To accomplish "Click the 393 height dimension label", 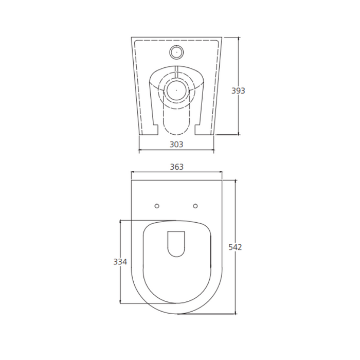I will (238, 91).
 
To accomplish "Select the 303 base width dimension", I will (176, 145).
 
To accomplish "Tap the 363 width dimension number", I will (176, 167).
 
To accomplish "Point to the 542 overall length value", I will (235, 247).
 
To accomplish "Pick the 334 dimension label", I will (120, 262).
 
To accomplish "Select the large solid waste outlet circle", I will (176, 90).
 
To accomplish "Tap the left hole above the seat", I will (157, 206).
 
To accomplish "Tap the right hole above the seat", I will (195, 206).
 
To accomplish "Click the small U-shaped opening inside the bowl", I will (176, 243).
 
